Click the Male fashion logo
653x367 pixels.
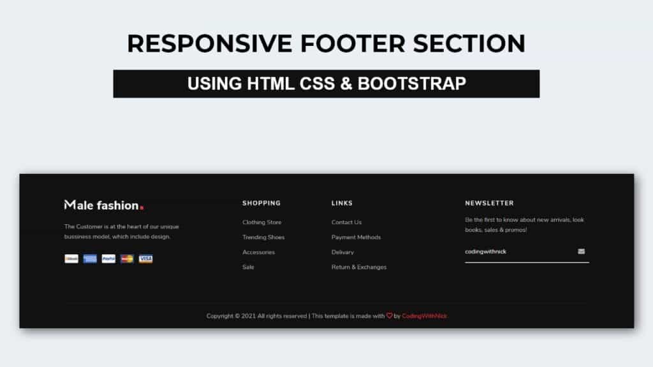[x=101, y=205]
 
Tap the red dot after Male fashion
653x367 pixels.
[x=142, y=208]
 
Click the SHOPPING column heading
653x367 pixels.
[x=261, y=203]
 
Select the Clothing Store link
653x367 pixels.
[x=261, y=222]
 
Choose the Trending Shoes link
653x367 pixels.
[x=263, y=237]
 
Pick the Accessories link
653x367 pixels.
[x=258, y=252]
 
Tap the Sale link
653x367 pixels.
[x=248, y=267]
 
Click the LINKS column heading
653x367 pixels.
[x=342, y=203]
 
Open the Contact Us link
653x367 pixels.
[x=346, y=222]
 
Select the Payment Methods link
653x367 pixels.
[x=356, y=237]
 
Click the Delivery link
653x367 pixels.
[x=342, y=252]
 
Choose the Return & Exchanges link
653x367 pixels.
[x=359, y=267]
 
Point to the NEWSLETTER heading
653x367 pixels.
[x=489, y=203]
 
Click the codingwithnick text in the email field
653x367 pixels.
[x=485, y=252]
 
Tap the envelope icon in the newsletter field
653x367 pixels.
[x=581, y=252]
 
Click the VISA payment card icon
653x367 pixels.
[x=146, y=259]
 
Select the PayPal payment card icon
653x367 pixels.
[x=108, y=259]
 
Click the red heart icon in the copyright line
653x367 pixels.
[x=390, y=315]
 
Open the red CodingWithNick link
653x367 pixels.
[x=424, y=316]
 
